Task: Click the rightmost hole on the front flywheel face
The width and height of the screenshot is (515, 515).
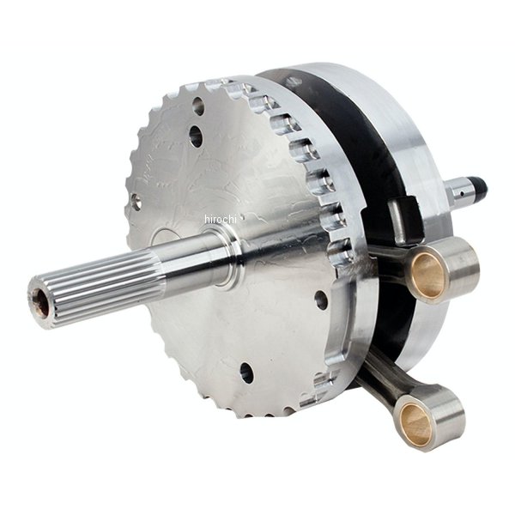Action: [321, 300]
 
